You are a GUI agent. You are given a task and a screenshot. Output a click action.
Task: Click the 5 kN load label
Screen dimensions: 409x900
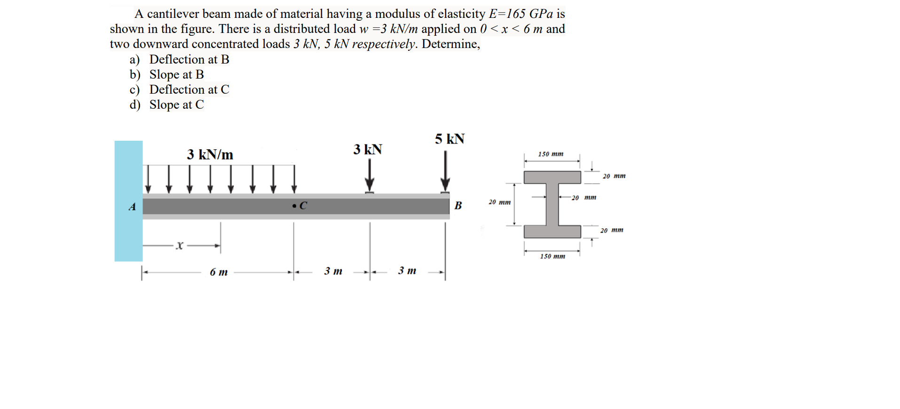(449, 139)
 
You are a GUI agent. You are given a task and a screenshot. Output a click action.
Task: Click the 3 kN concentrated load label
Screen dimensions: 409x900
(367, 150)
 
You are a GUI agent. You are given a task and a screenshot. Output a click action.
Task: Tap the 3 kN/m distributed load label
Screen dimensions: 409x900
(210, 155)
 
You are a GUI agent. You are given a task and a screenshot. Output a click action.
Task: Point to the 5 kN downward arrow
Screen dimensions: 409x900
(445, 171)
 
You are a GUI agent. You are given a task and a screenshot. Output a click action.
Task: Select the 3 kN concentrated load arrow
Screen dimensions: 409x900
(370, 176)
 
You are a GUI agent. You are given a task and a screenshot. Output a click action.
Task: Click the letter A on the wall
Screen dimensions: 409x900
(132, 207)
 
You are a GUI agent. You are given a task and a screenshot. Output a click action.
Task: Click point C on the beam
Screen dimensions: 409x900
(295, 206)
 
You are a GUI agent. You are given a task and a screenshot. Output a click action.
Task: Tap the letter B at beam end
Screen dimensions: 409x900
(458, 206)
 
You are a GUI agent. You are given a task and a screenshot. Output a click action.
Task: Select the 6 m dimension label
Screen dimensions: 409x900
(219, 272)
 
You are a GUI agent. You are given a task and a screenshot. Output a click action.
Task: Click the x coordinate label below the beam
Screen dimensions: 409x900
(179, 245)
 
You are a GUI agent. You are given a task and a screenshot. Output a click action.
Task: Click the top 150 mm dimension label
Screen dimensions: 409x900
(551, 154)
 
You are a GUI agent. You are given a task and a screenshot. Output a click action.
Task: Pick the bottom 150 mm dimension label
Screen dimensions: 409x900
(553, 257)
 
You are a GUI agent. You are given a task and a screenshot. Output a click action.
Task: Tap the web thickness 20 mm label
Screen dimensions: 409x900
(584, 198)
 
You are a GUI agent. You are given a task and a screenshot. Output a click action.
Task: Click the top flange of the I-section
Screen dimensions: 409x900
(552, 177)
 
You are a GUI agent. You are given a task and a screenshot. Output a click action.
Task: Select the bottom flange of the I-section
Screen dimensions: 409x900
(552, 232)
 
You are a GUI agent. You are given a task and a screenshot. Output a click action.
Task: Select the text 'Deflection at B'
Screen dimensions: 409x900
(189, 59)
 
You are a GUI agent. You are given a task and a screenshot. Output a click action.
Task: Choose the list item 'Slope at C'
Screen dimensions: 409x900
(176, 104)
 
